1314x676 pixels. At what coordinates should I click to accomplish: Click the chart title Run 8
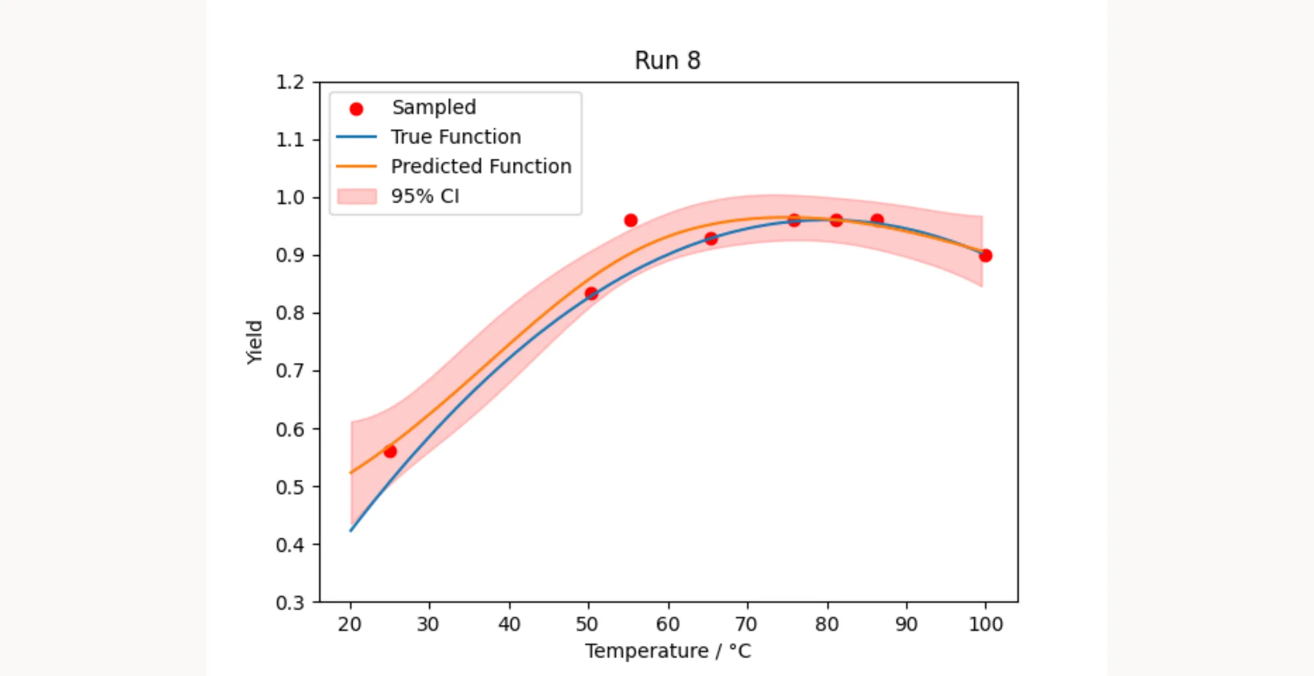click(x=667, y=61)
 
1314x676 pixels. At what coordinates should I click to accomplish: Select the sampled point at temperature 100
click(x=985, y=255)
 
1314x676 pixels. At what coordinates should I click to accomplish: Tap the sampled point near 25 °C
click(x=390, y=451)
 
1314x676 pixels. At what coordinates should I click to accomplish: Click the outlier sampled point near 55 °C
click(x=631, y=221)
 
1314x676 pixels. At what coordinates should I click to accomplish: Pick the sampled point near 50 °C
click(x=591, y=293)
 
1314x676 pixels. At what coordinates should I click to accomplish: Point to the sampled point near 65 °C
click(x=711, y=239)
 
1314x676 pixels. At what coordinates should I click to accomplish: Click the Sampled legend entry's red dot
click(x=356, y=109)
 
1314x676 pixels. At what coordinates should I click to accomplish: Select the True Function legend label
click(x=456, y=137)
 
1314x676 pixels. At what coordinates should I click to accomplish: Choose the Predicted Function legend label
click(x=481, y=166)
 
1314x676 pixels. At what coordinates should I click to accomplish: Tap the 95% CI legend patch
click(x=357, y=196)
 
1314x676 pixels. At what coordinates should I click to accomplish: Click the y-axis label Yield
click(x=255, y=342)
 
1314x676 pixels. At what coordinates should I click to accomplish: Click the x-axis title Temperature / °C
click(x=668, y=651)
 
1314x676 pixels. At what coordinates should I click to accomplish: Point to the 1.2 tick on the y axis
click(x=290, y=82)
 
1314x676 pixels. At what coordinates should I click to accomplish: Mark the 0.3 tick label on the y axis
click(x=290, y=603)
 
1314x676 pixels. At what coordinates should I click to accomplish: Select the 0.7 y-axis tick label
click(x=290, y=371)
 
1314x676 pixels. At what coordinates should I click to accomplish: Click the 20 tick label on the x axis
click(x=350, y=624)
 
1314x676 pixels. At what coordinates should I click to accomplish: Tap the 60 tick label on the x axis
click(x=667, y=624)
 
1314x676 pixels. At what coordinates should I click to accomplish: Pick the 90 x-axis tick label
click(x=906, y=624)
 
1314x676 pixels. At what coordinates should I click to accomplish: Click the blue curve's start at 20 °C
click(x=351, y=530)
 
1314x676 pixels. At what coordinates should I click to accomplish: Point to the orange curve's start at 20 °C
click(x=351, y=472)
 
